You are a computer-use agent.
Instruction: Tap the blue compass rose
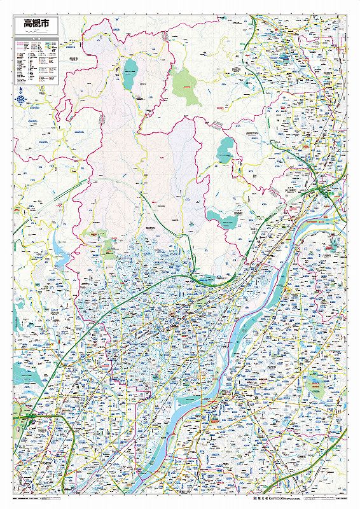(22, 100)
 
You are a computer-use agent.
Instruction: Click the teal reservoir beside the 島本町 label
(224, 220)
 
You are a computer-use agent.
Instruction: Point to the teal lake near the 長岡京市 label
(225, 150)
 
